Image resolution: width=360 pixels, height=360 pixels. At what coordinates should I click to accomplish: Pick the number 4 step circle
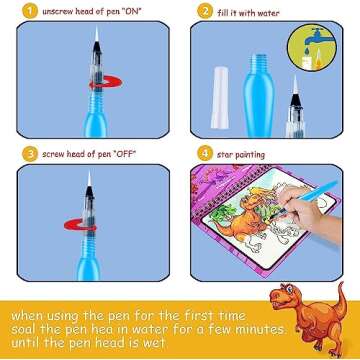[204, 154]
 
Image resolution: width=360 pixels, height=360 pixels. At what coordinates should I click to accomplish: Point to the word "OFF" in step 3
[137, 154]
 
